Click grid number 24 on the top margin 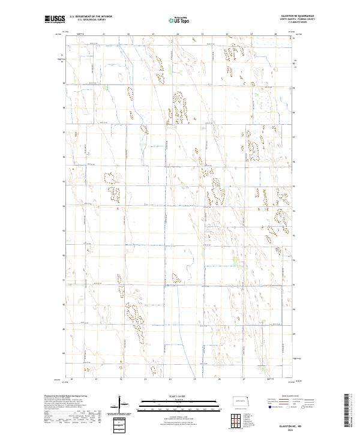coord(178,34)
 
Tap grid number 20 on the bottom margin coord(72,379)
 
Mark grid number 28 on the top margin coord(275,34)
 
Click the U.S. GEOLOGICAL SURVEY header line coord(91,20)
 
